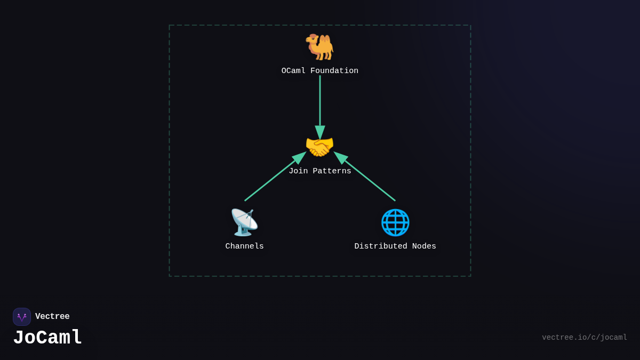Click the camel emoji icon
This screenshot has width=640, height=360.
tap(319, 46)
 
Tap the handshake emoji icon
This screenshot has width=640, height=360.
tap(319, 147)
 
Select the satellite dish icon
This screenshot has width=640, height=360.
tap(244, 222)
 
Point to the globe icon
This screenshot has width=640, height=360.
tap(395, 222)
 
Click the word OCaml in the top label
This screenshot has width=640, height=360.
tap(293, 71)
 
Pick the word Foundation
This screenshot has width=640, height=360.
tap(334, 71)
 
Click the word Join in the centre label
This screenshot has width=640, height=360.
tap(298, 171)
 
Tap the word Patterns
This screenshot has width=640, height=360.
tap(332, 171)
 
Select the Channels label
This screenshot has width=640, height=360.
tap(244, 246)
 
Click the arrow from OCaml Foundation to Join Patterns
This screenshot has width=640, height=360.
tap(320, 101)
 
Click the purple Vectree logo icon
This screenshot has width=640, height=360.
tap(22, 317)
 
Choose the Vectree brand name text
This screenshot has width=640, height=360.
tap(52, 317)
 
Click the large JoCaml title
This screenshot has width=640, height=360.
tap(47, 338)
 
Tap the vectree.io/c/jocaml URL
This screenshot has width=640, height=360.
tap(585, 338)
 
